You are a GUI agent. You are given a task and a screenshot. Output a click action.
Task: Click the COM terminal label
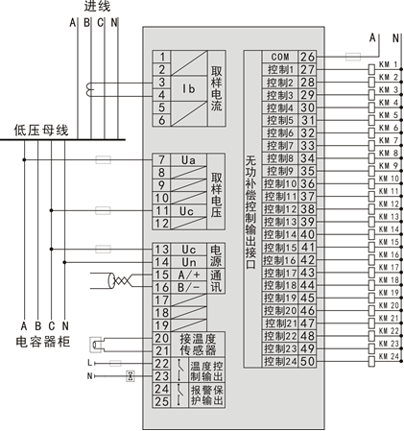tap(280, 57)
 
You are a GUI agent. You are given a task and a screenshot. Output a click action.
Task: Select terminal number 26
tap(307, 57)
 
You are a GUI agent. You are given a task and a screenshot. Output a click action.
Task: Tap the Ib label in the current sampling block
tap(188, 88)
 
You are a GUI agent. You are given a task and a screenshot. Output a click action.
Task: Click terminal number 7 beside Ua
tap(161, 159)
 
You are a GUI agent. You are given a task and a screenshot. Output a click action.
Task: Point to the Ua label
tap(188, 159)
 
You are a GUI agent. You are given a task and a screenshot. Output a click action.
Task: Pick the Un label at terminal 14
tap(188, 262)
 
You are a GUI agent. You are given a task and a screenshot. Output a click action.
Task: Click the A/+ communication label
tap(189, 275)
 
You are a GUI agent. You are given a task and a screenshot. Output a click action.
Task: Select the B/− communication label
tap(188, 288)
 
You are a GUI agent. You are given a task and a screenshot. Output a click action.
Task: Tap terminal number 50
tap(307, 361)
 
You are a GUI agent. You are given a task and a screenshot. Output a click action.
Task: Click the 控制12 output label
tap(280, 209)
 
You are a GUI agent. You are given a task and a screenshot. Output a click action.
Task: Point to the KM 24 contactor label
tap(389, 356)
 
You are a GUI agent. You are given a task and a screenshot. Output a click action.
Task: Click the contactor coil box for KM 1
tap(371, 69)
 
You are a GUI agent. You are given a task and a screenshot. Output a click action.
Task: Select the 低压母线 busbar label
tap(41, 131)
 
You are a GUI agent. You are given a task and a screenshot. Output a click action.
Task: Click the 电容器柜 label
tap(42, 342)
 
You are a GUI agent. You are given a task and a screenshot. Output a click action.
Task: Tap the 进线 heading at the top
tap(98, 7)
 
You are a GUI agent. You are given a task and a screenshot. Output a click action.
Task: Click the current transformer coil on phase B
tap(90, 89)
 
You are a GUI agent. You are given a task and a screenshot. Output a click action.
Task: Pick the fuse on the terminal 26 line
tap(353, 57)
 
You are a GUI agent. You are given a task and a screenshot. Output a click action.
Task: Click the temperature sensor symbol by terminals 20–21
tap(96, 345)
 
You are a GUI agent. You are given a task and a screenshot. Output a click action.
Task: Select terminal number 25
tap(161, 401)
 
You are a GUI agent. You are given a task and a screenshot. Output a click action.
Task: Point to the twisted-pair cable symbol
tap(120, 281)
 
